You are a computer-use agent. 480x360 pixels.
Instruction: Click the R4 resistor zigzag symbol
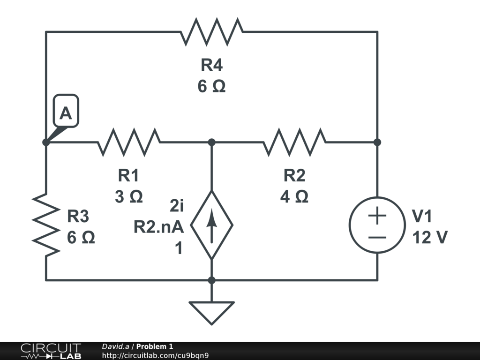click(x=211, y=32)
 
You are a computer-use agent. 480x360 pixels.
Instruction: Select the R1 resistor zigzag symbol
click(x=129, y=142)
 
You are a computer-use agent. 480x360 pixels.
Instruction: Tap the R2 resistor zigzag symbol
click(x=294, y=142)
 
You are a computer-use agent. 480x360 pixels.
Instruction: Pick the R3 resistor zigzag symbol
click(x=46, y=225)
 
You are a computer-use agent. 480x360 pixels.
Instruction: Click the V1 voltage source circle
click(x=377, y=225)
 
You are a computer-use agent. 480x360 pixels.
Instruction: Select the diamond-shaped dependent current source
click(x=211, y=225)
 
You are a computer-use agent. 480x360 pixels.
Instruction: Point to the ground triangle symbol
click(x=211, y=312)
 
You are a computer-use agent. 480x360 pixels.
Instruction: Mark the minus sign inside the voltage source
click(x=377, y=237)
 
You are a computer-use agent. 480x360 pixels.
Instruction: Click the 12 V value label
click(x=429, y=238)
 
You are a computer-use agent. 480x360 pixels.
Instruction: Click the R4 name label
click(x=211, y=65)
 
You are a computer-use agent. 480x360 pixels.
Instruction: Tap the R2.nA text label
click(x=159, y=227)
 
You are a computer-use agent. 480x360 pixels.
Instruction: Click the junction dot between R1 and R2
click(x=211, y=142)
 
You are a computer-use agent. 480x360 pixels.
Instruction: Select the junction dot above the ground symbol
click(x=211, y=280)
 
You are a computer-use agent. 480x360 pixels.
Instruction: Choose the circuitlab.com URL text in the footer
click(x=155, y=355)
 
